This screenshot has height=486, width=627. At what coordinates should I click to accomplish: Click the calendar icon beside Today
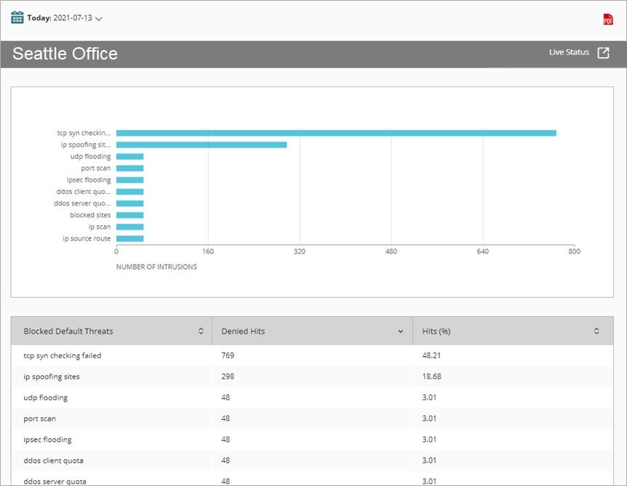[17, 17]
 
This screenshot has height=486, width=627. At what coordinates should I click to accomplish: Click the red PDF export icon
[608, 20]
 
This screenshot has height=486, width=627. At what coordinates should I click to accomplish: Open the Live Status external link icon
[603, 53]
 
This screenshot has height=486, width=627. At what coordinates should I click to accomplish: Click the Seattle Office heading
[65, 54]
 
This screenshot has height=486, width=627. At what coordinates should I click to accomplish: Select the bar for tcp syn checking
[336, 133]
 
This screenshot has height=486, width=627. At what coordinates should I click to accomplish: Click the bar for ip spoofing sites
[201, 145]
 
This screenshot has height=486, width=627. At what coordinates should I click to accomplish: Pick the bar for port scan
[129, 169]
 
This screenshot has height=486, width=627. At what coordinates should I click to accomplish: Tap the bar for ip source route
[129, 238]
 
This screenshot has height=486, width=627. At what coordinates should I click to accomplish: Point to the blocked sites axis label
[90, 215]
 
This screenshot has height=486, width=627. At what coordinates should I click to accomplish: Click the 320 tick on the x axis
[299, 252]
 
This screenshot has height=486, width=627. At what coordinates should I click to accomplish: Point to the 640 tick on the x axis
[482, 252]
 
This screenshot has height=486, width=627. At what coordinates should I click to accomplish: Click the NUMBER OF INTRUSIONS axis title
[156, 267]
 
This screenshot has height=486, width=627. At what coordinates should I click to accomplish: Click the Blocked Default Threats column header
[68, 331]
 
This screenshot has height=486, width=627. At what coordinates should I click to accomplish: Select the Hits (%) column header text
[436, 331]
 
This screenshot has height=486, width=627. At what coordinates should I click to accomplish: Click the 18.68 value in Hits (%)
[432, 377]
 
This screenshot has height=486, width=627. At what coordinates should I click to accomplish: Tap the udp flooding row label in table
[45, 398]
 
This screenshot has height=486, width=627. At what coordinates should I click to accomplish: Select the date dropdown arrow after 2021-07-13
[99, 19]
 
